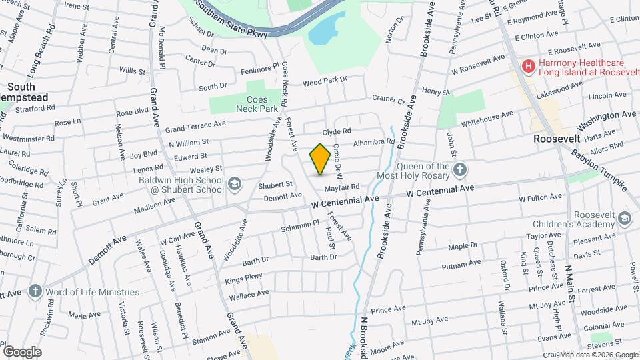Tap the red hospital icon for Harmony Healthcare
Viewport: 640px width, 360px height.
click(528, 66)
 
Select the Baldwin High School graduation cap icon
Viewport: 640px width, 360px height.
click(235, 183)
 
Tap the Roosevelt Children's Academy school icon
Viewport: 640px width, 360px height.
click(623, 219)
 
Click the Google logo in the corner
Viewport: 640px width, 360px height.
click(22, 351)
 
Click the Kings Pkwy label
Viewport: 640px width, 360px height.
click(243, 280)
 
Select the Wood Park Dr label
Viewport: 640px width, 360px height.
click(325, 81)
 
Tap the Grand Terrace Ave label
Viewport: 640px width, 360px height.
click(195, 125)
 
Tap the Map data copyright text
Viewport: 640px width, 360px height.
click(597, 355)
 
